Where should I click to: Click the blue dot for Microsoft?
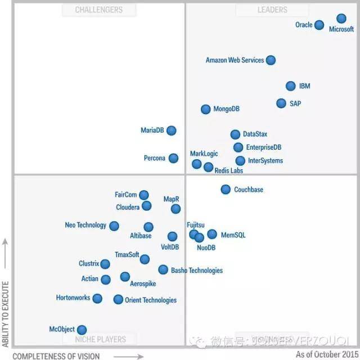tap(341, 19)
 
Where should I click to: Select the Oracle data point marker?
tap(319, 25)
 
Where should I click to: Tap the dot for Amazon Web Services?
tap(271, 60)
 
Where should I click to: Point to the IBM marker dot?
tap(290, 86)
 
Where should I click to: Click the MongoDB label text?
tap(226, 109)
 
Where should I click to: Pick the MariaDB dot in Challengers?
tap(171, 130)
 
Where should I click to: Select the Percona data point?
tap(173, 159)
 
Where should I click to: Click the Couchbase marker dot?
tap(226, 190)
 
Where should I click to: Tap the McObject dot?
tap(82, 330)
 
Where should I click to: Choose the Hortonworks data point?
tap(97, 298)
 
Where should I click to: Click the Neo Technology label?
tap(85, 225)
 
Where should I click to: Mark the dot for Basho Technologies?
tap(163, 270)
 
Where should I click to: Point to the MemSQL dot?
tap(211, 235)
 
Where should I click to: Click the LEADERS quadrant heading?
tap(272, 10)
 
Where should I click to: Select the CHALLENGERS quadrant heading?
tap(99, 10)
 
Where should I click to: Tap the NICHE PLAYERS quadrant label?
tap(98, 339)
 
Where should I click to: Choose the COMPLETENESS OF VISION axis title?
tap(61, 355)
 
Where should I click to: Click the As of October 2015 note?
tap(326, 354)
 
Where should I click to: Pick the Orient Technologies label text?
tap(150, 300)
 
